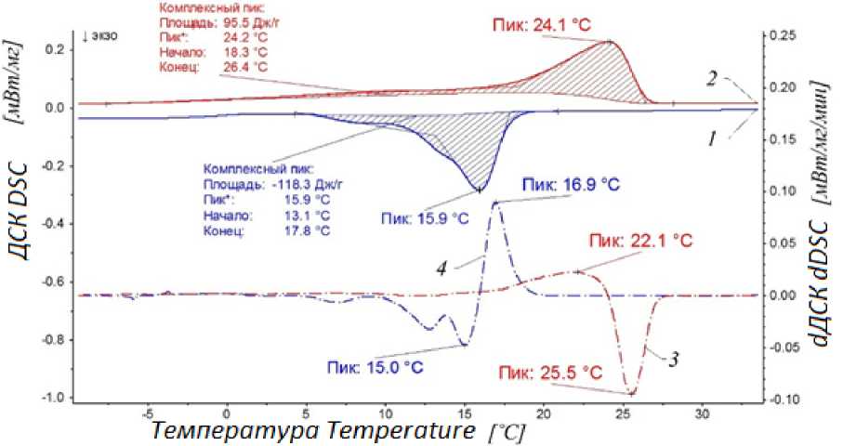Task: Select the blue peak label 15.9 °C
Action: click(x=423, y=218)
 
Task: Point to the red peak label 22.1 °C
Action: click(x=640, y=240)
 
